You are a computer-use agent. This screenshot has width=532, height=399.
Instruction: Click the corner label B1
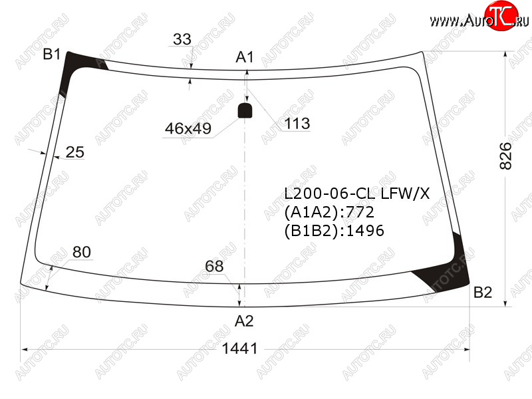pos(52,55)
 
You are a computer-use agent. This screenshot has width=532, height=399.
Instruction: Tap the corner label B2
pos(483,293)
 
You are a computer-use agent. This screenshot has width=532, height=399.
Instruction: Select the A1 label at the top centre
pos(245,57)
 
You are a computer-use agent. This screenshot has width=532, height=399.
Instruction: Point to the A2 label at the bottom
pos(244,321)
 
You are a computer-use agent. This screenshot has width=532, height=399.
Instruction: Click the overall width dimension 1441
pos(240,348)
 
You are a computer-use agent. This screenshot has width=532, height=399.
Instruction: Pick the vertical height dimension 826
pos(505,156)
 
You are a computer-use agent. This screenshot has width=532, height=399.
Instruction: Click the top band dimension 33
pos(182,39)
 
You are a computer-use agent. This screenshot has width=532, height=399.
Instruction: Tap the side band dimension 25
pos(74,152)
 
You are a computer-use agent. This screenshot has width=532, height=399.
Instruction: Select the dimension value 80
pos(82,252)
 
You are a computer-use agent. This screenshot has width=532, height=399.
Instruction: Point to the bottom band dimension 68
pos(214,267)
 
